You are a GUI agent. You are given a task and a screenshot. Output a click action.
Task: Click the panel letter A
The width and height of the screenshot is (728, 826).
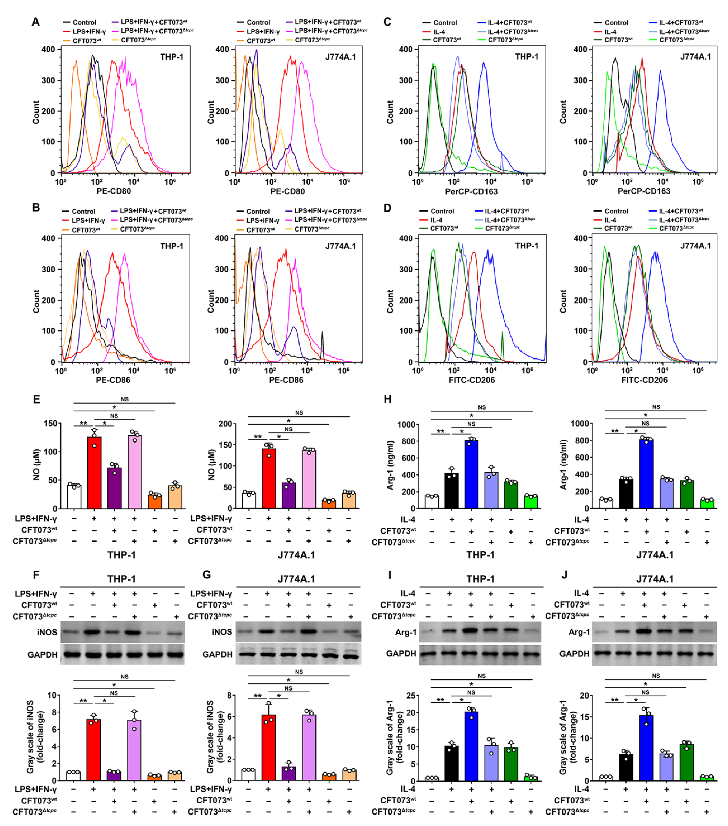36,22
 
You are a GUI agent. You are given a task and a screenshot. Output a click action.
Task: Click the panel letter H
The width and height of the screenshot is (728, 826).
387,399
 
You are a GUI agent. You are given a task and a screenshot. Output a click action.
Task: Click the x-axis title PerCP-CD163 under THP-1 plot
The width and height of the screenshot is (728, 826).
471,192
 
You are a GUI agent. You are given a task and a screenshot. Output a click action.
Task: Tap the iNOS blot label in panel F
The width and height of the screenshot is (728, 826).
47,632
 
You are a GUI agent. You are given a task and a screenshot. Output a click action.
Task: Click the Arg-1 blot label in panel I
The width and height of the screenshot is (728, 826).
406,632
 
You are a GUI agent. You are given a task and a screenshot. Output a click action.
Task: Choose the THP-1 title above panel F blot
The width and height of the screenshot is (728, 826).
121,579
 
